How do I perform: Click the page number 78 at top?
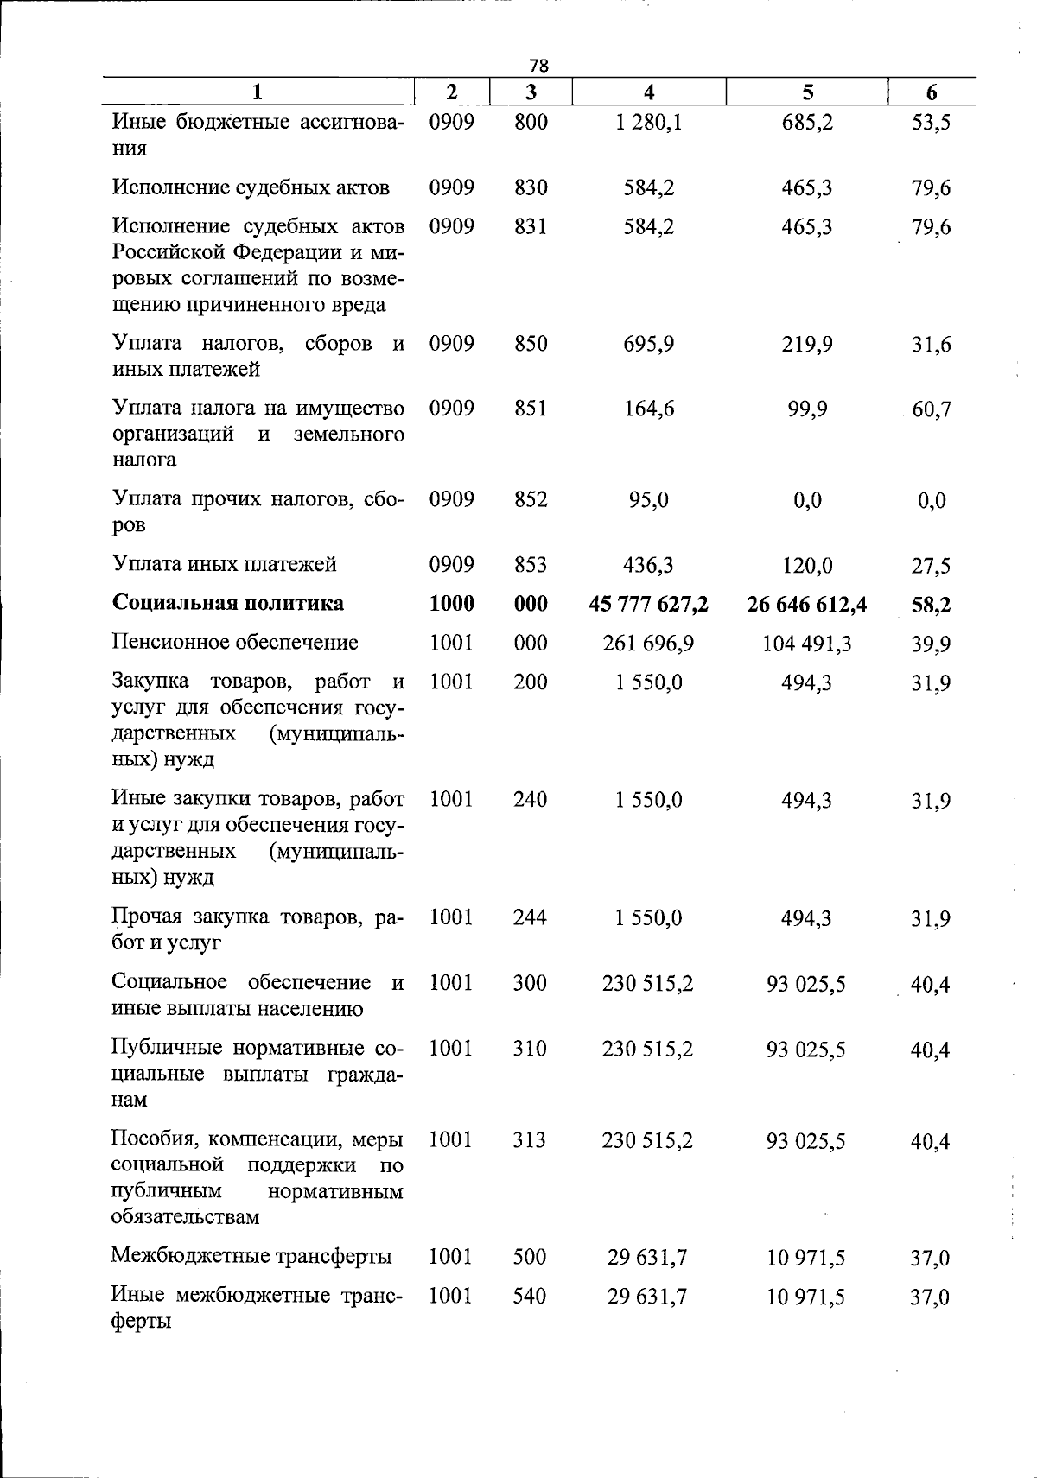tap(538, 66)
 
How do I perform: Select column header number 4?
tap(648, 92)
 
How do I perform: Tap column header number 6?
tap(931, 92)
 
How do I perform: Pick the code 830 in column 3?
tap(530, 187)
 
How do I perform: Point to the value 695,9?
tap(648, 344)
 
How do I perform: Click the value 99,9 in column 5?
tap(807, 409)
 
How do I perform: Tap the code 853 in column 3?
tap(530, 565)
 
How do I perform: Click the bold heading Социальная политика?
tap(227, 603)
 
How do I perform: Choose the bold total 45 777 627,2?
tap(648, 604)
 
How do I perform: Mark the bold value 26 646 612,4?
tap(807, 604)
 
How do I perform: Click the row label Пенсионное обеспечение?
tap(235, 643)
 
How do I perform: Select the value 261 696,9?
tap(648, 644)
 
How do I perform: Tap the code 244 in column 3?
tap(530, 917)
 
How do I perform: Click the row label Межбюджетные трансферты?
tap(251, 1256)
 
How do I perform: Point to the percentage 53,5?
tap(931, 123)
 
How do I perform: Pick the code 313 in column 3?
tap(530, 1140)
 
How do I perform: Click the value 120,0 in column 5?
tap(807, 566)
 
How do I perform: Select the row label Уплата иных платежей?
tap(225, 564)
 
